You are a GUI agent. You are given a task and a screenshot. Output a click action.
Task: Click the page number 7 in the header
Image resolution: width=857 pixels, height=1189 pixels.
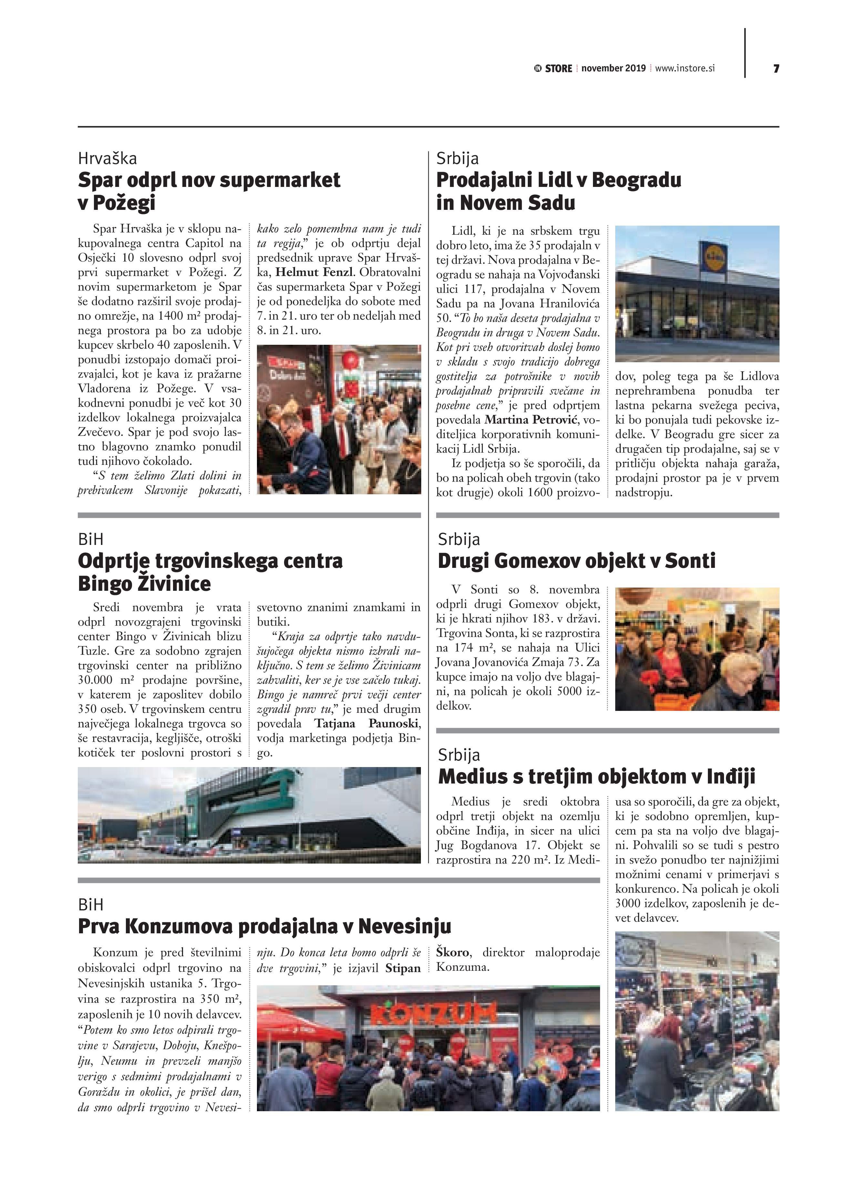(x=776, y=69)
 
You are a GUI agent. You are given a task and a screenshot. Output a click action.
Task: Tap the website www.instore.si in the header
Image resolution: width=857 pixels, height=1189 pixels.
(x=685, y=68)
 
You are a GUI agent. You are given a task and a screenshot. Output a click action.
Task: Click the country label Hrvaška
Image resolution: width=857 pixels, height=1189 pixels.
(x=107, y=158)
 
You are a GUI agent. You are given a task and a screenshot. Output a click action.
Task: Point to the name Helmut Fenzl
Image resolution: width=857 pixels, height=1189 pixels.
(x=314, y=272)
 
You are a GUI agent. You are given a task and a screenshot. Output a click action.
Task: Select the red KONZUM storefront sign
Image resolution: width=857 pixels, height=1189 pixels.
(x=433, y=1018)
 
